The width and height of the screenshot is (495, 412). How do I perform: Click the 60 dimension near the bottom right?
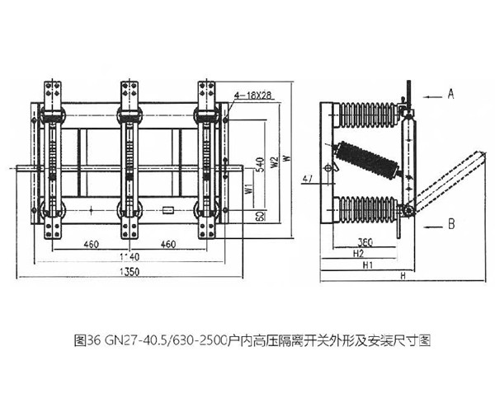pos(258,216)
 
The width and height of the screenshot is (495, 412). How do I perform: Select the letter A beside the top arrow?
pos(451,95)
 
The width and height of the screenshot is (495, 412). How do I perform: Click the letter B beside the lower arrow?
pos(451,223)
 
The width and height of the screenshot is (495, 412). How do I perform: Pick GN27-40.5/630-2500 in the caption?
pos(152,339)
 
